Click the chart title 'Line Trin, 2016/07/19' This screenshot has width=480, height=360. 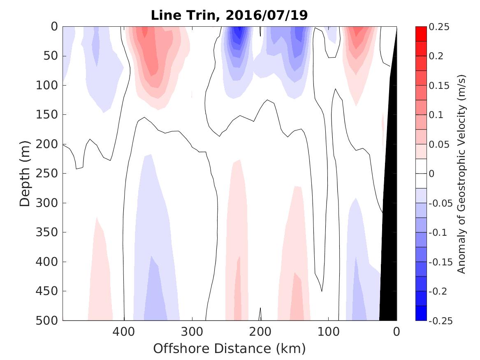pos(229,15)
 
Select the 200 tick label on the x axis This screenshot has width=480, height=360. pos(260,331)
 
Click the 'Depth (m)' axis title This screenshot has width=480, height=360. pos(25,173)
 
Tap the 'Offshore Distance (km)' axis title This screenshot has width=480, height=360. pos(230,348)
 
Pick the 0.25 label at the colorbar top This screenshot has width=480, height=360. pos(439,27)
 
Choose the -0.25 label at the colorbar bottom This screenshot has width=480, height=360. pos(440,321)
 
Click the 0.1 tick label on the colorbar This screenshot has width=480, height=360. pos(436,115)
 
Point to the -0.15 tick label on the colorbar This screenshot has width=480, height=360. pos(440,262)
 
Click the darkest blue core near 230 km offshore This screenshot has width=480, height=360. pos(237,33)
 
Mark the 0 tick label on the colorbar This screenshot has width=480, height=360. pos(432,174)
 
